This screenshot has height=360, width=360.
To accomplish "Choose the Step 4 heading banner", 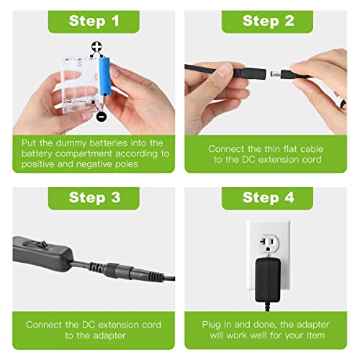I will (269, 197).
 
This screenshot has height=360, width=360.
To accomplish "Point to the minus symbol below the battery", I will (102, 115).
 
